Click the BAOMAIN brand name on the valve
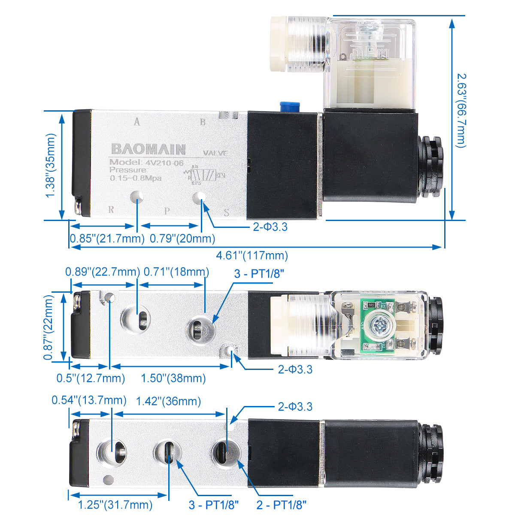(x=148, y=149)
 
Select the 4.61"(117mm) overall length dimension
(x=251, y=256)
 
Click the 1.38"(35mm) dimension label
(x=51, y=165)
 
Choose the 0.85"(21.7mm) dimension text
(x=107, y=238)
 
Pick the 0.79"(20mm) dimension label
(x=182, y=238)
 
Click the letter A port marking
(x=137, y=121)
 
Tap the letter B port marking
(x=203, y=121)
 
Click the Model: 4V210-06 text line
(x=146, y=162)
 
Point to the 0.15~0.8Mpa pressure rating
(x=136, y=178)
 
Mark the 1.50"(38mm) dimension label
(x=173, y=378)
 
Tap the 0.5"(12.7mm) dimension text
(x=91, y=378)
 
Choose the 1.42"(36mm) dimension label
(x=168, y=401)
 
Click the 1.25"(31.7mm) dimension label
(x=115, y=505)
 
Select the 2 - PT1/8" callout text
(x=282, y=505)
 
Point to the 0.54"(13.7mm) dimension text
(x=89, y=400)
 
